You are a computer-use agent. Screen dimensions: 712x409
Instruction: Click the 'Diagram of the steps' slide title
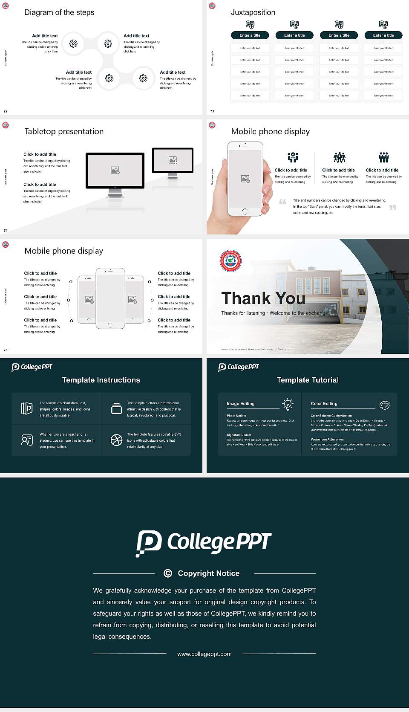tap(59, 12)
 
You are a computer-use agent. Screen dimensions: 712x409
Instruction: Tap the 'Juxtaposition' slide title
tap(253, 12)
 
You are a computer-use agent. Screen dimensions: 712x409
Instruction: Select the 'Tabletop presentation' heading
tap(64, 132)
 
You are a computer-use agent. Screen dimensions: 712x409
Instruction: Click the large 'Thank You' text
tap(263, 298)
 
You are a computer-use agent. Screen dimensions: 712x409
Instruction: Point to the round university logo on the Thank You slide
tap(230, 261)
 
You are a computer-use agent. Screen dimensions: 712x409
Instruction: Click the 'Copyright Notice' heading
tap(208, 573)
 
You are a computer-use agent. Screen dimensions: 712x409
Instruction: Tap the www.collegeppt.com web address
tap(204, 654)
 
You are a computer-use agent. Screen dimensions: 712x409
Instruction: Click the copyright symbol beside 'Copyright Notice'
tap(168, 573)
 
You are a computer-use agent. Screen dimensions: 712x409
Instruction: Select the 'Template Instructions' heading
tap(101, 380)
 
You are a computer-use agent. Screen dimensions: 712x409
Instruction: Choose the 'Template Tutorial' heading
tap(308, 380)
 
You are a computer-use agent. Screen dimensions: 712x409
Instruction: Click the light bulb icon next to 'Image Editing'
tap(288, 404)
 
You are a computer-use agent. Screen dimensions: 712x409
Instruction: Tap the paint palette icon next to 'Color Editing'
tap(385, 405)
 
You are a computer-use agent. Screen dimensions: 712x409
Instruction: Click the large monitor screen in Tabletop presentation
tap(115, 170)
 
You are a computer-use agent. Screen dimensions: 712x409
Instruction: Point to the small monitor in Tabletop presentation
tap(173, 160)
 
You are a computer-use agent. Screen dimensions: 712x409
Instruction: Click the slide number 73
tap(212, 111)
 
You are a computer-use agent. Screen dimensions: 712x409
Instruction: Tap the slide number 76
tap(6, 350)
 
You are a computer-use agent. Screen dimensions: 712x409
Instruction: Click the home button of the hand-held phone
tap(245, 211)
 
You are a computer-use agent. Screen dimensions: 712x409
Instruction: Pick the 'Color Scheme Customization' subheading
tap(331, 416)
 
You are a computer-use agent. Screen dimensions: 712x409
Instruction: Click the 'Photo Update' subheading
tap(236, 416)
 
